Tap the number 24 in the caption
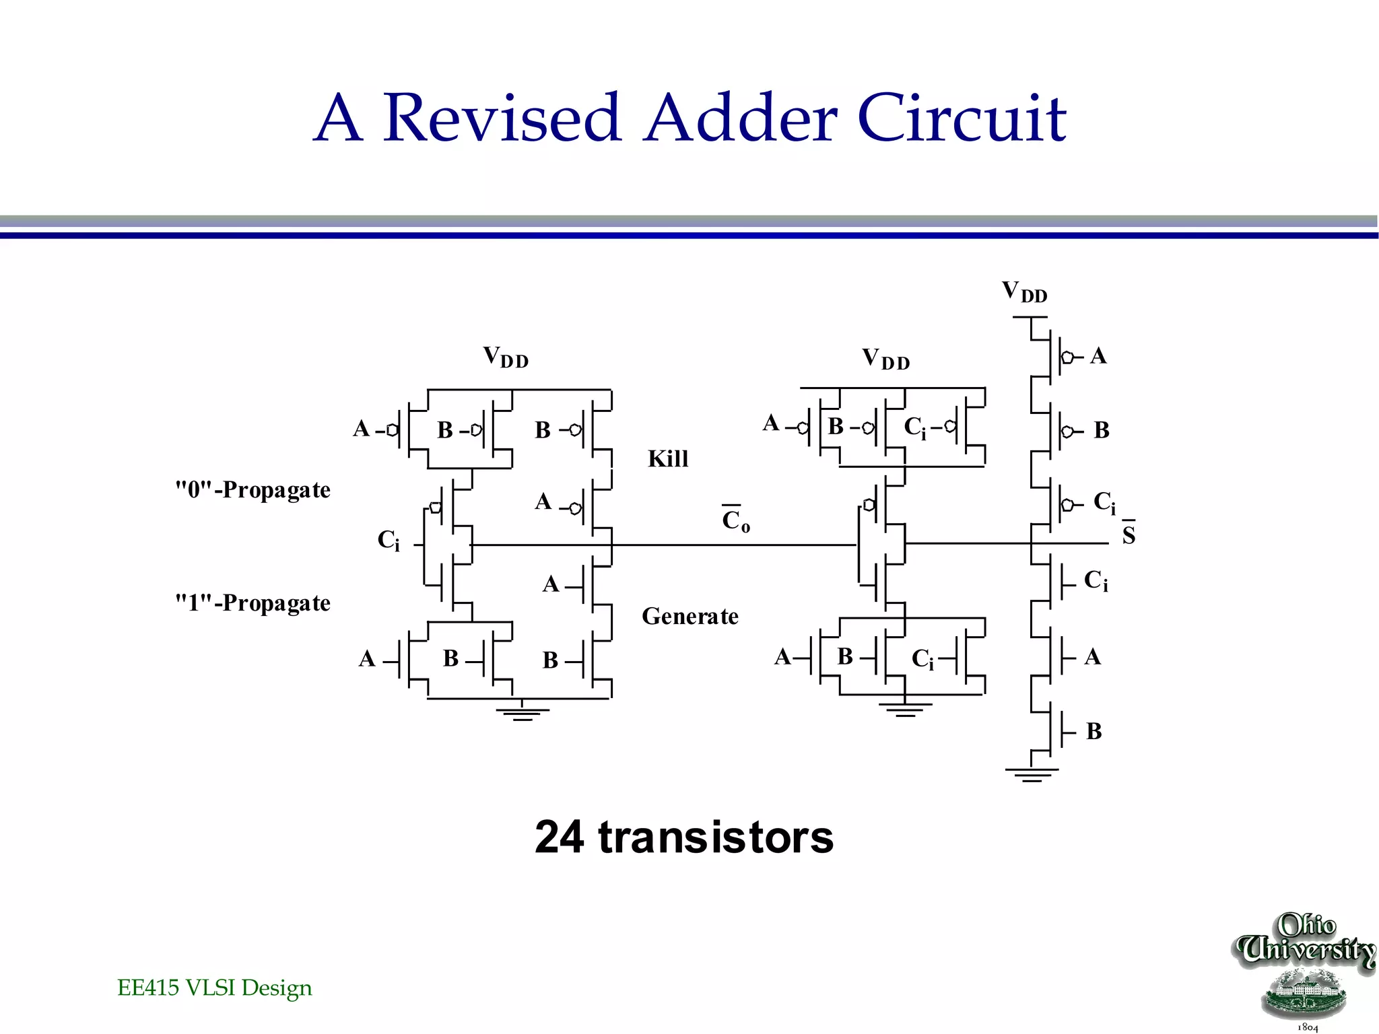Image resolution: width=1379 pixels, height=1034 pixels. click(x=559, y=837)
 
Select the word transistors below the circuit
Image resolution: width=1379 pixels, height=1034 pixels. click(x=716, y=837)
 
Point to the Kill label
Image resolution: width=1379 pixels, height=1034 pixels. click(x=668, y=459)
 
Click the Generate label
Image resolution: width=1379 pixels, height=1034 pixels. click(x=689, y=616)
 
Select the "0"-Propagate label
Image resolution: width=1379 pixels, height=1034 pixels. click(x=253, y=490)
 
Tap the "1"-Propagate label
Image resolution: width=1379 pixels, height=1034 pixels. click(x=253, y=603)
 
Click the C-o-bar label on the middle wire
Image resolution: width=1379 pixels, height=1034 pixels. click(x=735, y=520)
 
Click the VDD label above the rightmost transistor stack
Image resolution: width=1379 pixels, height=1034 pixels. click(x=1024, y=292)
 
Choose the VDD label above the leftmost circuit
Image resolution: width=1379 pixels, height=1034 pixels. click(x=506, y=357)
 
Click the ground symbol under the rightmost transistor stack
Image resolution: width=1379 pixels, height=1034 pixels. click(x=1032, y=774)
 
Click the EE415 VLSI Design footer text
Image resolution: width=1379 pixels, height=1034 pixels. click(x=214, y=988)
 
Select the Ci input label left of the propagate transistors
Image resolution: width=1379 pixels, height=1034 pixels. click(x=389, y=540)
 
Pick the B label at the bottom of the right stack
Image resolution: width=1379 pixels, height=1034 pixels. click(x=1094, y=731)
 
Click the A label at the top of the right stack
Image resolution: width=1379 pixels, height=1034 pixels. click(x=1098, y=355)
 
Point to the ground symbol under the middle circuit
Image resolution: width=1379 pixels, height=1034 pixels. click(x=905, y=710)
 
